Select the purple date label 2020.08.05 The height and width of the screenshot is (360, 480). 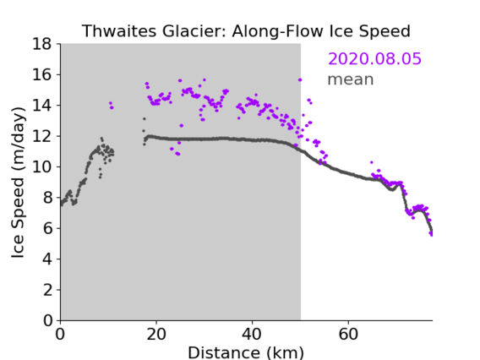[x=374, y=58]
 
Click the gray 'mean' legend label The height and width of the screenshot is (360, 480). [x=351, y=79]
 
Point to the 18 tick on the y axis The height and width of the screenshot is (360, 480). [x=41, y=44]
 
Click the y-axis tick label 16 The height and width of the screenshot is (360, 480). [x=41, y=74]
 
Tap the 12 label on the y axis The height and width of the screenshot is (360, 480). [x=41, y=136]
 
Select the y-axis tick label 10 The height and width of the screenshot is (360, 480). [x=41, y=166]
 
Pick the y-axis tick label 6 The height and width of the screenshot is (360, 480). [x=47, y=228]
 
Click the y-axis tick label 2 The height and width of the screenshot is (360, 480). [x=47, y=290]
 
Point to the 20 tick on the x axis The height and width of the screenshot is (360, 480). [x=156, y=334]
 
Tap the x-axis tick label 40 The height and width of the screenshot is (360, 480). [x=252, y=334]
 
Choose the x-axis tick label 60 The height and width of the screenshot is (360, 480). [x=348, y=334]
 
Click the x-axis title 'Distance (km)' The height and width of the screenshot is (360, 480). [x=246, y=353]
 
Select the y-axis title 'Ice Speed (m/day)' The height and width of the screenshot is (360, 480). [x=18, y=183]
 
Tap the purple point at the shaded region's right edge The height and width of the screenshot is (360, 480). [x=300, y=80]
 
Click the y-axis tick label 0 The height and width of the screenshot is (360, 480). [x=47, y=320]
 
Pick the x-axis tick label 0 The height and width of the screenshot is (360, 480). [x=60, y=334]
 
